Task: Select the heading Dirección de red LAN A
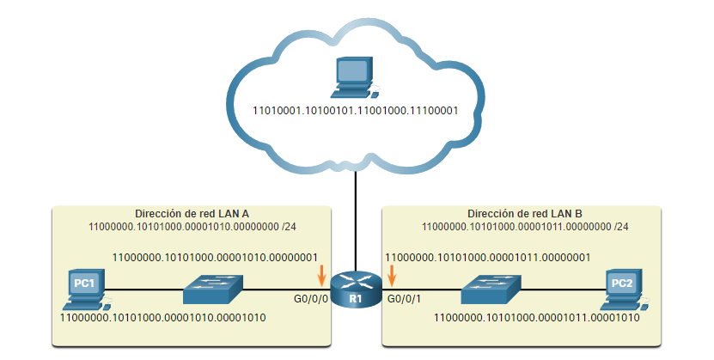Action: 192,213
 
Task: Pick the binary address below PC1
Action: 162,317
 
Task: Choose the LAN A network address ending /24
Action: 192,227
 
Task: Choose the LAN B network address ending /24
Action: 524,227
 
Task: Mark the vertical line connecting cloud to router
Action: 356,215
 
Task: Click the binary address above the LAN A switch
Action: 216,256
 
